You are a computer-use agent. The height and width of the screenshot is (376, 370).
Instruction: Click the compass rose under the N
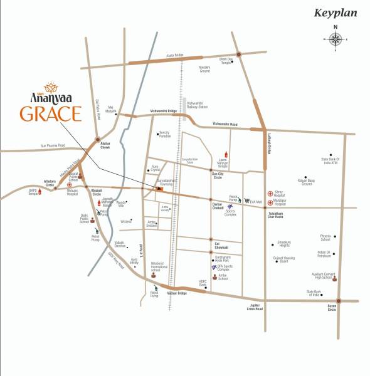click(336, 39)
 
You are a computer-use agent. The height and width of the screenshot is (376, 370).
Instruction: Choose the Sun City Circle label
click(218, 177)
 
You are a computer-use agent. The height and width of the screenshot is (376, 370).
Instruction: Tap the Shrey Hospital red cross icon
click(270, 194)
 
